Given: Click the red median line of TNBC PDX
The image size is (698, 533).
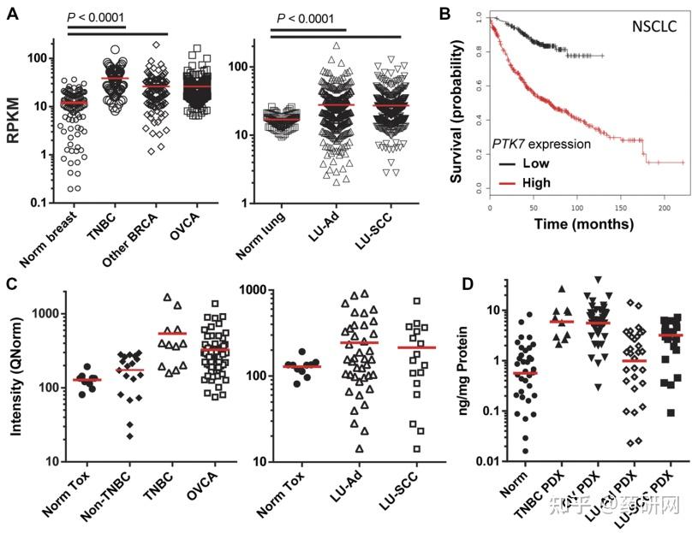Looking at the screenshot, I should pos(561,322).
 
